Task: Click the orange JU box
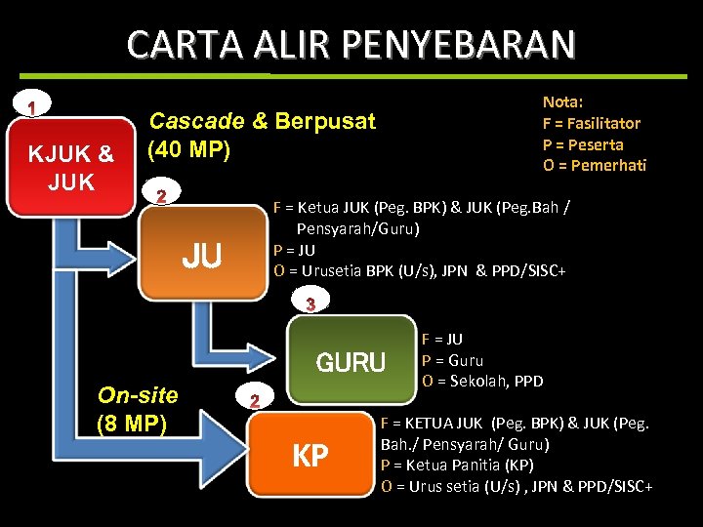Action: pos(202,256)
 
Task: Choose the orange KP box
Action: pos(310,455)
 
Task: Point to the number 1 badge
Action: pos(33,105)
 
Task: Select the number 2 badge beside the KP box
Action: pos(254,400)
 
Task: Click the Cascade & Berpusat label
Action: pos(261,122)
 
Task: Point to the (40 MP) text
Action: pos(188,150)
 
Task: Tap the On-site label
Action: pos(138,395)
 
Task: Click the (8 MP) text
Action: pos(133,424)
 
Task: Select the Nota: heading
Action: pos(562,101)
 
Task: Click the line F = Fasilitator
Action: pos(591,123)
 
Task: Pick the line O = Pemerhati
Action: pos(594,165)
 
